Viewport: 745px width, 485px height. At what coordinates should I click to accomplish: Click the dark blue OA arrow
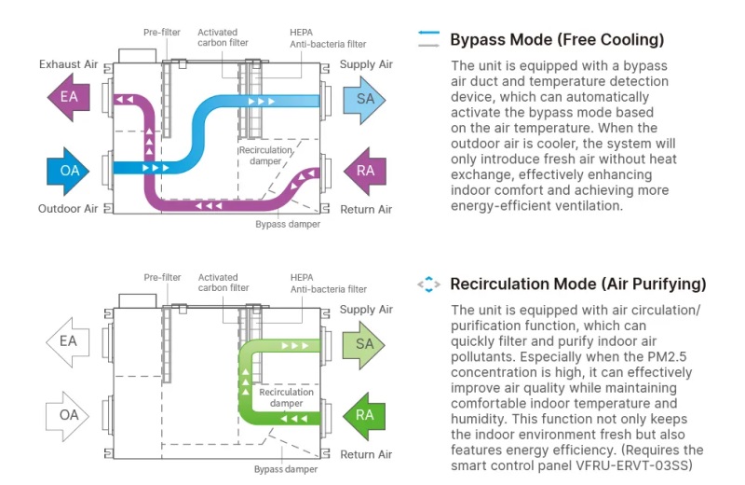pos(68,170)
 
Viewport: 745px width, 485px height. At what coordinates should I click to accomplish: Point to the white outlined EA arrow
pos(68,341)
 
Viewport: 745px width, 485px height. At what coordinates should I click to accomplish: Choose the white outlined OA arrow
pos(68,415)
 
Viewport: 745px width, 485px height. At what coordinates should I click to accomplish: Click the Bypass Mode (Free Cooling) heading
pos(557,40)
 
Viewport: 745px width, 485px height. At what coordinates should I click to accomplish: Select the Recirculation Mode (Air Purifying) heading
pos(577,284)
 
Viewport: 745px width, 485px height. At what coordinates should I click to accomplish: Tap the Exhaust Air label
pos(68,64)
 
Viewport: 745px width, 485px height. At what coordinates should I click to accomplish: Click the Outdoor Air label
pos(68,209)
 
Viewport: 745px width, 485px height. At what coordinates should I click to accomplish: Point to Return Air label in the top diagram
pos(365,209)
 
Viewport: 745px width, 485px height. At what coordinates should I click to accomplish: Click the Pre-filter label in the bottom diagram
pos(161,277)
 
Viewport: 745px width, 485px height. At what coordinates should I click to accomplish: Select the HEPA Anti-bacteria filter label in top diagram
pos(327,38)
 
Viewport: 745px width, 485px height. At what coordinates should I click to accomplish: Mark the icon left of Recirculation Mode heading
pos(428,284)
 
